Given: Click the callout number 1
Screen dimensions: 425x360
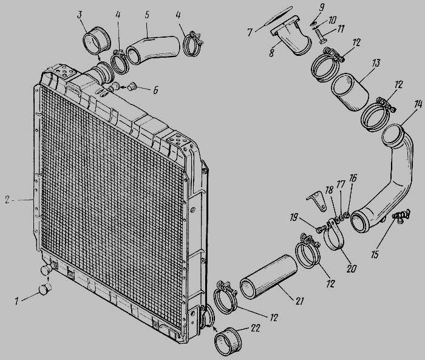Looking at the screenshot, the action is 17,301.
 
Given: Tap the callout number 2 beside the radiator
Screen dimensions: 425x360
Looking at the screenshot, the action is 7,200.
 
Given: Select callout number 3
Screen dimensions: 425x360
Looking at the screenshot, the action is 80,15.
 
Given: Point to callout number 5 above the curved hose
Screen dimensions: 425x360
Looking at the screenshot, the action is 147,15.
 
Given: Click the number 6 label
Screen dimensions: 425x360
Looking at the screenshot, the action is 155,90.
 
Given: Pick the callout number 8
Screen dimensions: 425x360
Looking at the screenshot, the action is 271,53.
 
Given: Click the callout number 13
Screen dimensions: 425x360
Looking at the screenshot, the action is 376,63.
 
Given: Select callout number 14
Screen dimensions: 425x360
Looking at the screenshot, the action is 418,104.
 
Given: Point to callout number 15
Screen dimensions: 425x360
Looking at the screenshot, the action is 375,254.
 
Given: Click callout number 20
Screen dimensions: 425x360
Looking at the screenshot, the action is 352,269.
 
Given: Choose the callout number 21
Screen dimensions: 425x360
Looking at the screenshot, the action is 299,301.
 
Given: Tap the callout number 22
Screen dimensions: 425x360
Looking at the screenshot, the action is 255,328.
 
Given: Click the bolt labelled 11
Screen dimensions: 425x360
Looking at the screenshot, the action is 321,36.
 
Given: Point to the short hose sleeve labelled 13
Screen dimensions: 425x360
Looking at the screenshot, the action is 350,92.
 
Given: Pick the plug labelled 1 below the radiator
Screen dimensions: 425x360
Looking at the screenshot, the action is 45,290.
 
